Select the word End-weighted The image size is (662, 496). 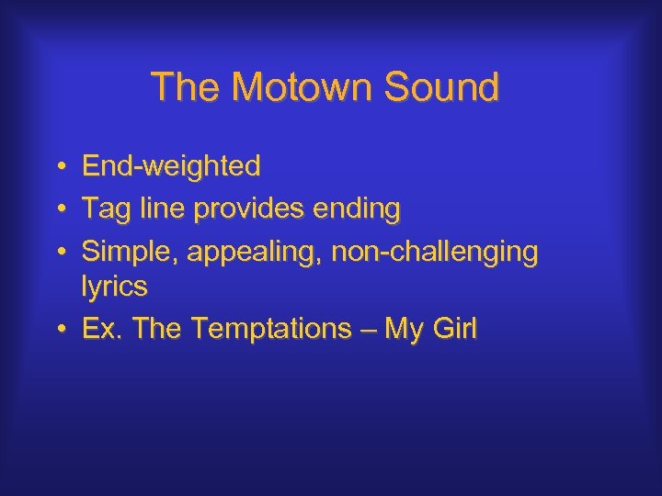tap(171, 166)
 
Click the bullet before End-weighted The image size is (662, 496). tap(58, 167)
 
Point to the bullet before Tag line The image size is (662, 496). tap(58, 210)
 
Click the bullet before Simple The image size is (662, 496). tap(58, 253)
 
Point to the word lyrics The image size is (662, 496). tap(114, 287)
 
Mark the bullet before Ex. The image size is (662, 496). tap(58, 329)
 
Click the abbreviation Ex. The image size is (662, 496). tap(102, 329)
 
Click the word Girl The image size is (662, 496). tap(454, 329)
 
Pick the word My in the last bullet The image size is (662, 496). tap(402, 329)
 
